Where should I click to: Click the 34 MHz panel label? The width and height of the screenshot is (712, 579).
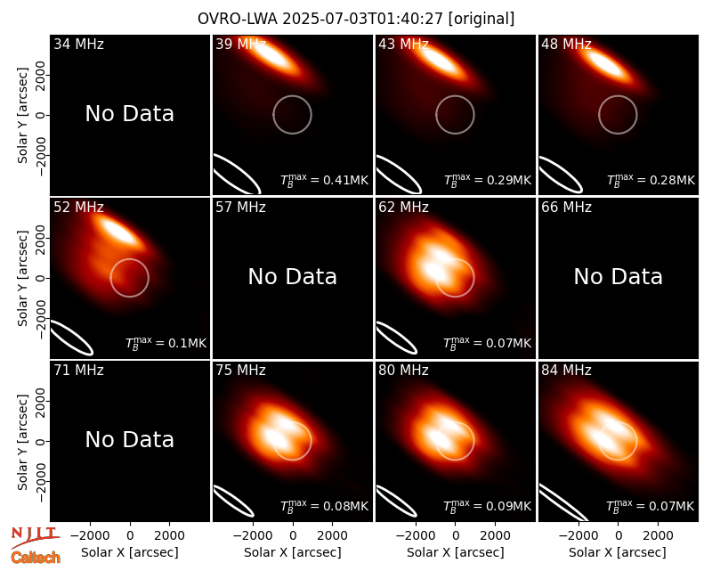pyautogui.click(x=78, y=44)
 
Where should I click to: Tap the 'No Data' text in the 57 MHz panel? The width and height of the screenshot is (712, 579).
pyautogui.click(x=293, y=276)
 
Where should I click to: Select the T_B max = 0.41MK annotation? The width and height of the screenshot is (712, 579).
pyautogui.click(x=324, y=180)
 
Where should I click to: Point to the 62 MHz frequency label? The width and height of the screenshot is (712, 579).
pyautogui.click(x=403, y=208)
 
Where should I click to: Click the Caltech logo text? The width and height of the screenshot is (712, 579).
pyautogui.click(x=36, y=558)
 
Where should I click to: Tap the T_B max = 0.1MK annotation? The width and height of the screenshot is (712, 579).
pyautogui.click(x=166, y=343)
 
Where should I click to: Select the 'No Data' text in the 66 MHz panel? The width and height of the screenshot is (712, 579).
pyautogui.click(x=618, y=276)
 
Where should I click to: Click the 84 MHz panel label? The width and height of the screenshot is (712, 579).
pyautogui.click(x=566, y=371)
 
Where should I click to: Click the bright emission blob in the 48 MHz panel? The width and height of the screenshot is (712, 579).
pyautogui.click(x=606, y=63)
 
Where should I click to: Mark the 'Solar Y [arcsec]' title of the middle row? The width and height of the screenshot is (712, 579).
pyautogui.click(x=23, y=278)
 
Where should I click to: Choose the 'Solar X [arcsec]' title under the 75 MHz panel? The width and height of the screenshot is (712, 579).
pyautogui.click(x=293, y=552)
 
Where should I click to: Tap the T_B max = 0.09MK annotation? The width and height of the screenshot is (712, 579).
pyautogui.click(x=487, y=506)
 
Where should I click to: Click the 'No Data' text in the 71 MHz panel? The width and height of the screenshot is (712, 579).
pyautogui.click(x=130, y=439)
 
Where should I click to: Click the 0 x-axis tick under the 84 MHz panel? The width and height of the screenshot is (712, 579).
pyautogui.click(x=618, y=536)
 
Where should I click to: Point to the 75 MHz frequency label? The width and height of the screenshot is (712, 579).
pyautogui.click(x=240, y=371)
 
